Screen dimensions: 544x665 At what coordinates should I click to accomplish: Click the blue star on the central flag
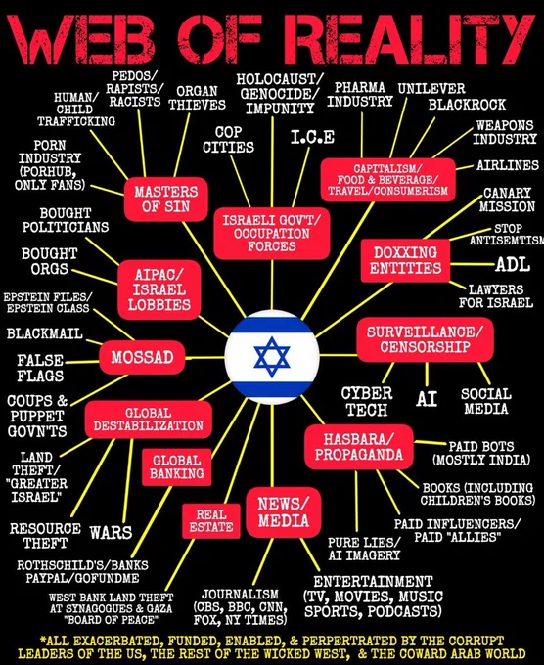click(272, 357)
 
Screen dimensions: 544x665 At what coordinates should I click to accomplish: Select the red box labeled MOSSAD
click(142, 357)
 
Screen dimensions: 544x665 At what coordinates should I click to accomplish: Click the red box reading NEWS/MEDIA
click(284, 512)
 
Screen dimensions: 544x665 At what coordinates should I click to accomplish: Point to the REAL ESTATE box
click(211, 521)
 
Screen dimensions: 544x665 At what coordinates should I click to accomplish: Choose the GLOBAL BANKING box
click(176, 466)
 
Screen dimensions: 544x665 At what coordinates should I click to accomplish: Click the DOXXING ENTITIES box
click(405, 260)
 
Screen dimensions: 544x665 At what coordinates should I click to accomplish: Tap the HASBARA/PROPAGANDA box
click(359, 447)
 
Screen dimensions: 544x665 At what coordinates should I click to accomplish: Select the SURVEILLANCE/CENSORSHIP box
click(425, 339)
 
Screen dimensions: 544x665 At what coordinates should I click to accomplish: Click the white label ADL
click(513, 264)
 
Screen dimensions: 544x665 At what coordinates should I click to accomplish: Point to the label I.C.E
click(313, 137)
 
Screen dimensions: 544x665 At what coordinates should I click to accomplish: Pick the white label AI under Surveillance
click(427, 399)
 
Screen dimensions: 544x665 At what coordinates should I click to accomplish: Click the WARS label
click(111, 532)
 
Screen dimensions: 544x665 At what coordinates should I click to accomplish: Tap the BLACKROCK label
click(467, 105)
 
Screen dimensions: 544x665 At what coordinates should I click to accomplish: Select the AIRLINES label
click(508, 165)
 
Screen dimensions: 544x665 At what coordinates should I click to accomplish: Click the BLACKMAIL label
click(45, 333)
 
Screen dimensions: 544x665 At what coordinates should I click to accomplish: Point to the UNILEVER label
click(431, 89)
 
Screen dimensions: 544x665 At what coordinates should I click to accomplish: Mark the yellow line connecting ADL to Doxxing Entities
click(473, 264)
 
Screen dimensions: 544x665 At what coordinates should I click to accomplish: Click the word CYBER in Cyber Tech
click(367, 393)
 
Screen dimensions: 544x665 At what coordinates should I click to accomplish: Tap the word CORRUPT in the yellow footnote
click(476, 640)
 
